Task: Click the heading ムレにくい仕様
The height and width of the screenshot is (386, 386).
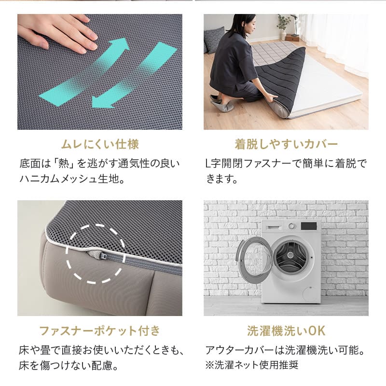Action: click(100, 144)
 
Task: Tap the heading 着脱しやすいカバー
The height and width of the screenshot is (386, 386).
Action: click(286, 144)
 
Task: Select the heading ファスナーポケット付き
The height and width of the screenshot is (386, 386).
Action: click(99, 331)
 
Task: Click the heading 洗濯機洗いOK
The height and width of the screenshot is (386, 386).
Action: click(286, 331)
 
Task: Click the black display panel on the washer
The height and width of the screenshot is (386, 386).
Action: click(308, 226)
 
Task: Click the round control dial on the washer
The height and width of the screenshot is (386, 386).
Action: click(291, 226)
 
